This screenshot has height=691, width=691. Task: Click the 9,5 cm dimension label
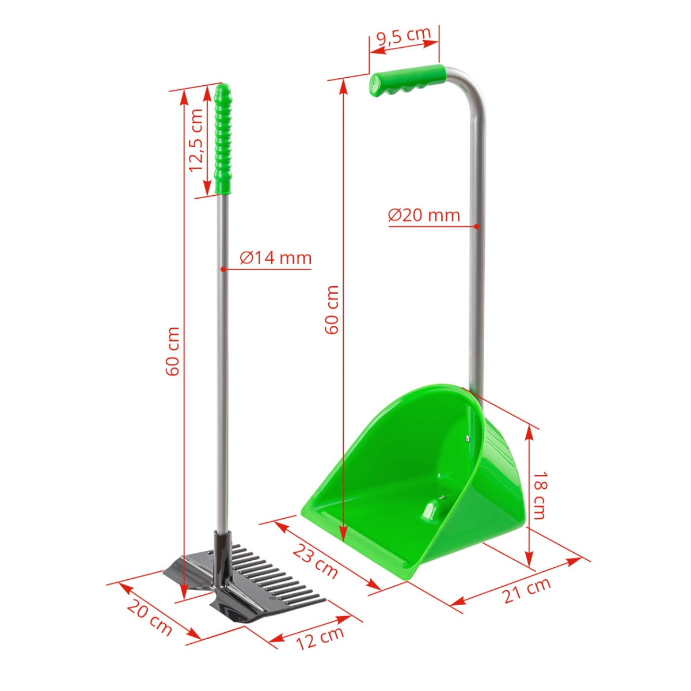coord(403,36)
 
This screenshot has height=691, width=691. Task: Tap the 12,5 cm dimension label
coord(196,140)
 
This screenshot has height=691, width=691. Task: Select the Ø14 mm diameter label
coord(275,257)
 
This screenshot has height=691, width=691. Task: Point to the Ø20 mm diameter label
coord(424,215)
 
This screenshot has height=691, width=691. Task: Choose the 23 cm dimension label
coord(315,560)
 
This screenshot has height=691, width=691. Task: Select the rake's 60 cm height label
coord(173,351)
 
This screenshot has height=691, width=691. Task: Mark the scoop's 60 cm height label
coord(332,309)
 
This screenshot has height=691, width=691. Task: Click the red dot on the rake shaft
coord(222,269)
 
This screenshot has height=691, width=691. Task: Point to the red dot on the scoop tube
coord(476,226)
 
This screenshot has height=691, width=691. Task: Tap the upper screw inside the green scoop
coord(466,438)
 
